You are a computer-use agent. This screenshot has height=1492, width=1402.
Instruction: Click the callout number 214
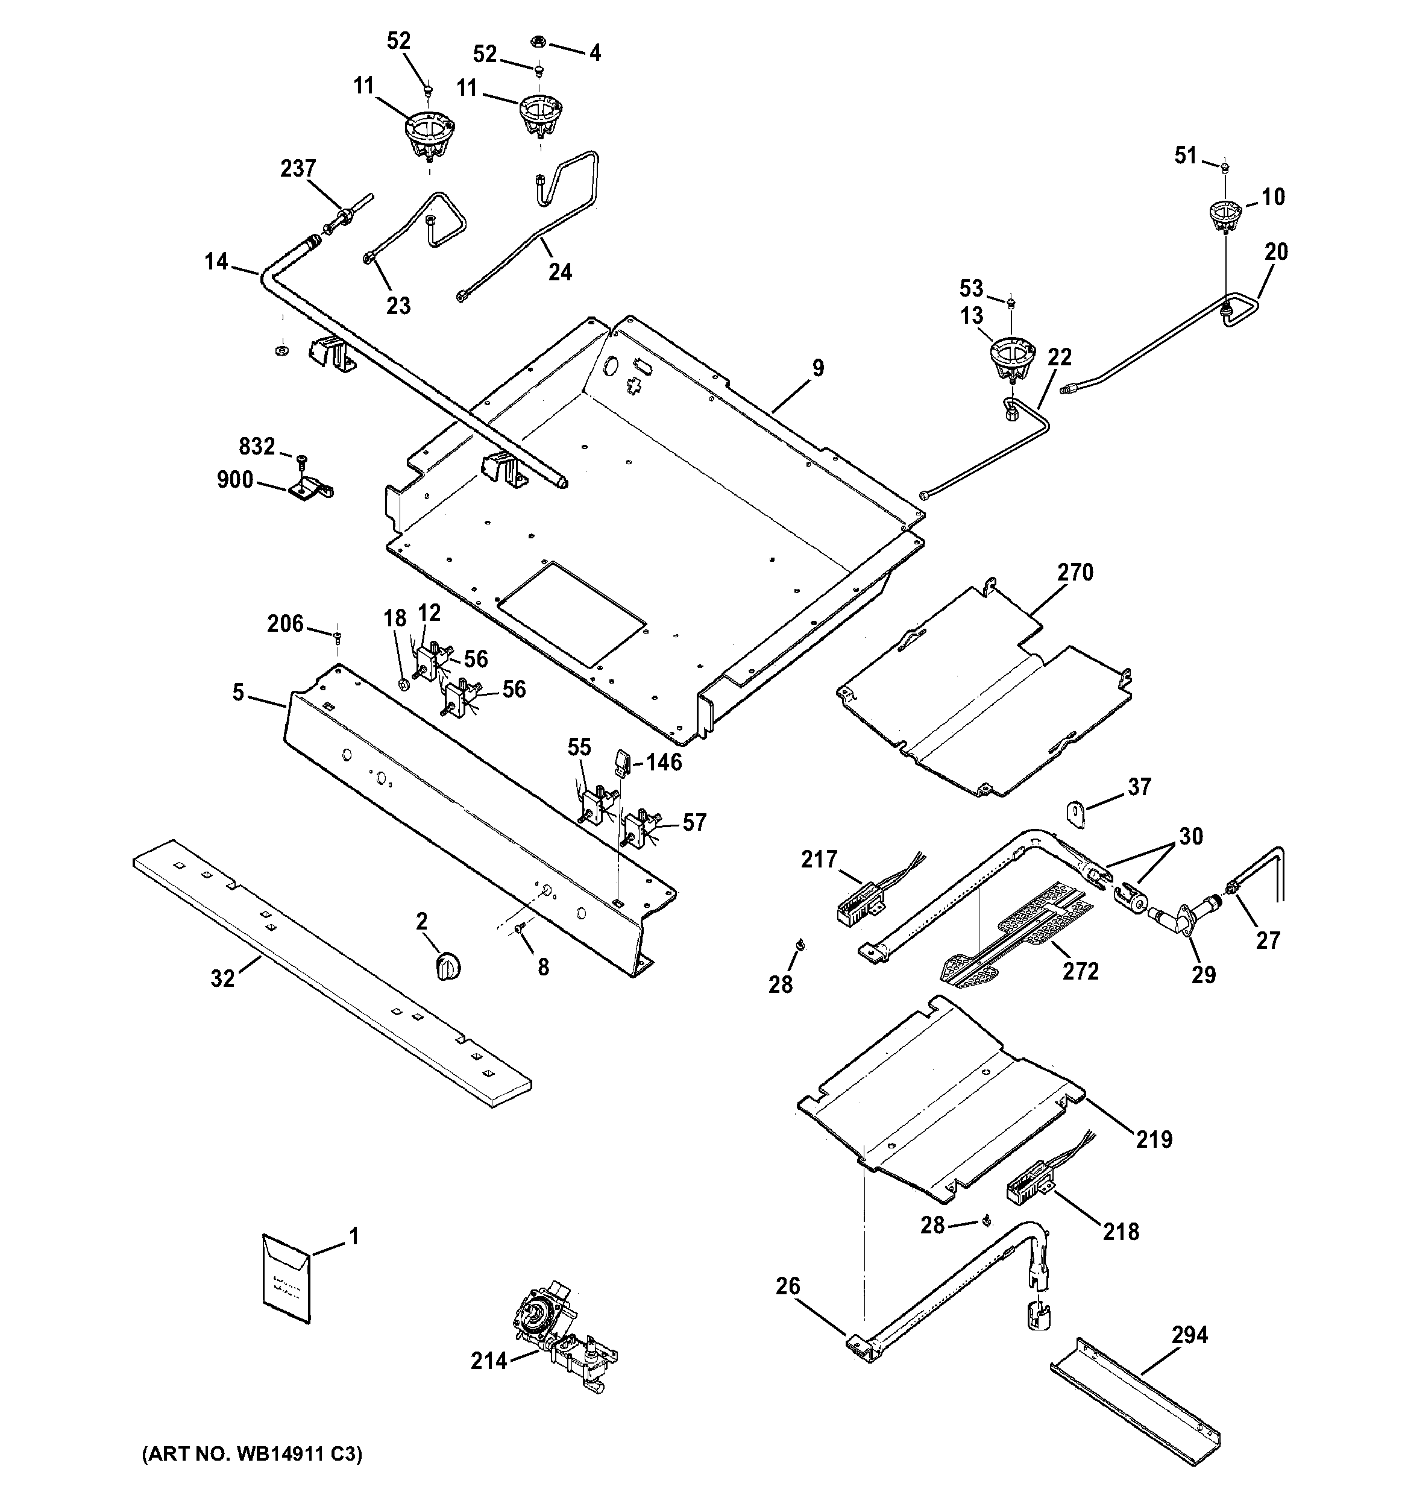click(x=489, y=1361)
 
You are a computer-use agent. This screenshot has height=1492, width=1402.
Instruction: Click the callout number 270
click(x=1075, y=573)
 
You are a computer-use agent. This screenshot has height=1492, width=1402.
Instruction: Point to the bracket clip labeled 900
click(x=310, y=489)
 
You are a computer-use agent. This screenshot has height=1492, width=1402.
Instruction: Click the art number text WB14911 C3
click(x=252, y=1454)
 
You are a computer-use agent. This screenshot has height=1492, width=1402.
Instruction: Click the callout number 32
click(x=222, y=978)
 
